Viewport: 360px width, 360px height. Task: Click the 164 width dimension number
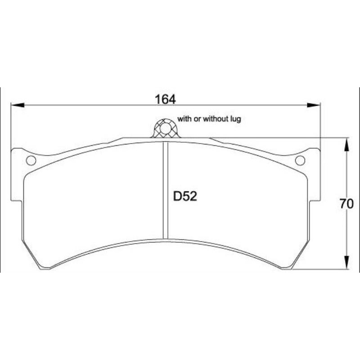pos(165,99)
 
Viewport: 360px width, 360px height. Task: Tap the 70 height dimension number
pos(346,204)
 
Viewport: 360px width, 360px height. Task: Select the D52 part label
pos(185,197)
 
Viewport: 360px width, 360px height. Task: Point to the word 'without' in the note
pos(216,119)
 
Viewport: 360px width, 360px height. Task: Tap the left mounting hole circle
pos(31,160)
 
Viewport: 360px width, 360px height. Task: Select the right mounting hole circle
pos(300,160)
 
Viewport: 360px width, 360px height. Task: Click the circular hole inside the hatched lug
pos(165,129)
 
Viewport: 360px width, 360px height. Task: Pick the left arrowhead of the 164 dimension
pos(18,105)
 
